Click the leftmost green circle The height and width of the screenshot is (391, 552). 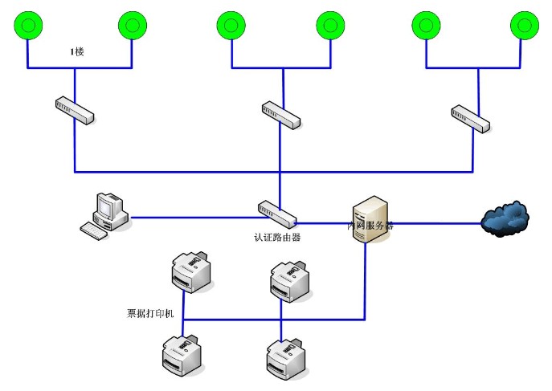pos(27,26)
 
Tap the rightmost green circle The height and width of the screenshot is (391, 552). pos(527,25)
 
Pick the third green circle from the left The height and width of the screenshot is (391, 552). pos(231,26)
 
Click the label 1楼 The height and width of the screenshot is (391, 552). pos(77,52)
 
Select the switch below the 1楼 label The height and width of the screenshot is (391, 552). pos(75,110)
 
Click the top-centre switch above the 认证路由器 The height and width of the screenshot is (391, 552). pos(280,114)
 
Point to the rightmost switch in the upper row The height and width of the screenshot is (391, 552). pos(470,117)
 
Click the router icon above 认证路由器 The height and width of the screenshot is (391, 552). pos(277,212)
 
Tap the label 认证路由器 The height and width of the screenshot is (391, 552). pos(277,238)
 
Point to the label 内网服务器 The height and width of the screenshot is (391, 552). pos(370,226)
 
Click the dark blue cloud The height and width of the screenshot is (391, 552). pos(506,218)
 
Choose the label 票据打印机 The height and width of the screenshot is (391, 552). pos(150,312)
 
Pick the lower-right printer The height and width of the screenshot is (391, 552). pos(288,359)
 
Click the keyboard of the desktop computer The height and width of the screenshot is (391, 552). pos(96,230)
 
